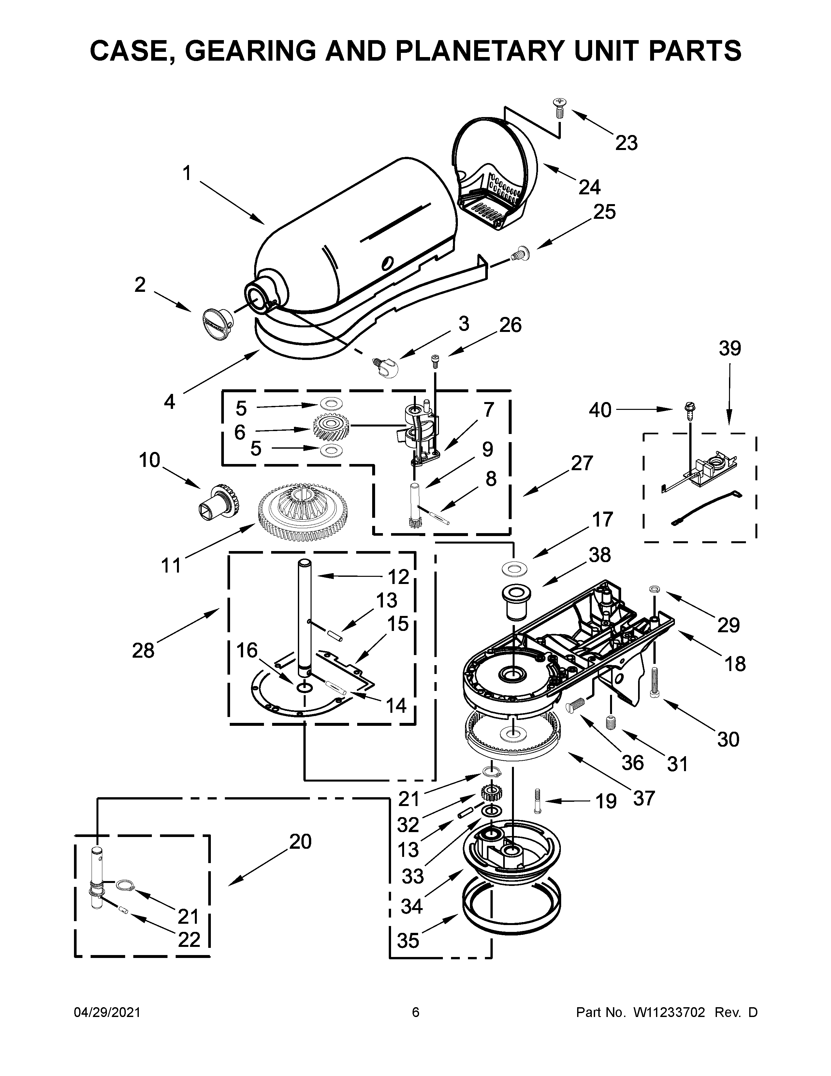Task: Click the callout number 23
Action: click(626, 143)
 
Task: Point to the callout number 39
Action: click(729, 348)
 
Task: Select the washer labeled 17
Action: click(514, 569)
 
